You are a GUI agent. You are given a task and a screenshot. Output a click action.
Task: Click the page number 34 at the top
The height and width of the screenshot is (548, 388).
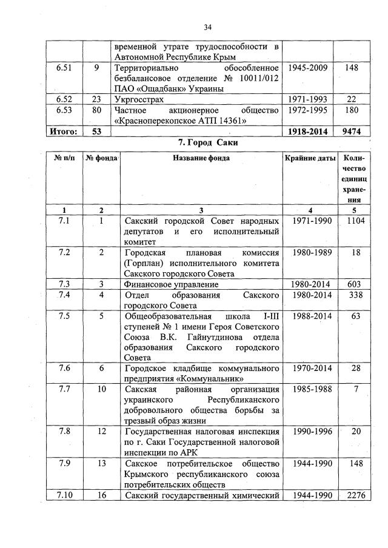(207, 27)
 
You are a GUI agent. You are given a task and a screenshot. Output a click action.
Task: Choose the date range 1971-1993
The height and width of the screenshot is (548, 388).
(308, 99)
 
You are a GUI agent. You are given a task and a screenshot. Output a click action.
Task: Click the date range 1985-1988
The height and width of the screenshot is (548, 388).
(308, 388)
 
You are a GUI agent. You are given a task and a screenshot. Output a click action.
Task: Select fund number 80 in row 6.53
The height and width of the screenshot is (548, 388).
(96, 110)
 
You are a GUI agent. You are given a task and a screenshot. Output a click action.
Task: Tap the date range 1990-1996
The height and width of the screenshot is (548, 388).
(308, 431)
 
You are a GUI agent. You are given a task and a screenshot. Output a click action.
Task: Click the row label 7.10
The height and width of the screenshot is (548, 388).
(64, 496)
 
